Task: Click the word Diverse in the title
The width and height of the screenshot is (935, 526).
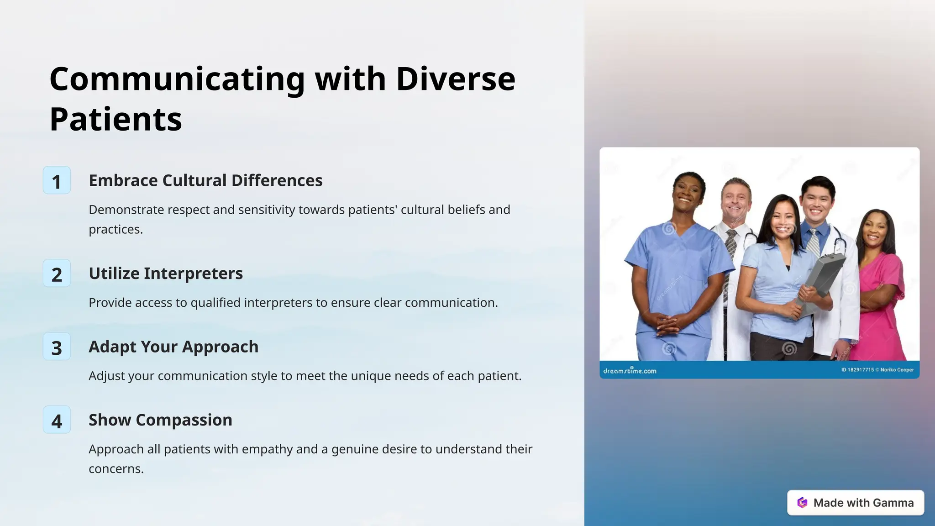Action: coord(455,79)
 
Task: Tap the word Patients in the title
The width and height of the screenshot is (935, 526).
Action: coord(116,120)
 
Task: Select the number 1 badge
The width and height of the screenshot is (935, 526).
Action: coord(57,181)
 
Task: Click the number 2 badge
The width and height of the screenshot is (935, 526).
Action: coord(57,274)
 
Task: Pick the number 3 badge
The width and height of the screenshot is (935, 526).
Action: coord(57,347)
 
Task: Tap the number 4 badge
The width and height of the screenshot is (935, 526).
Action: coord(57,420)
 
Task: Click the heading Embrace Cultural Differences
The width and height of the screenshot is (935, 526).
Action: coord(205,180)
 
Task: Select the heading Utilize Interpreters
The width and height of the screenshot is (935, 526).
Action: coord(166,274)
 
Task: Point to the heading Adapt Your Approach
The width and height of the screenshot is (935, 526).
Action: coord(173,347)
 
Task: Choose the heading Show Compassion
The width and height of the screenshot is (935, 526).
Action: coord(160,420)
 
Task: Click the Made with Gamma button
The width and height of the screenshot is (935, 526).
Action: coord(855,503)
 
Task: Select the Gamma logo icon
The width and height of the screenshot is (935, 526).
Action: coord(802,503)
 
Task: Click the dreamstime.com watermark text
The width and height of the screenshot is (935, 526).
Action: coord(630,371)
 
